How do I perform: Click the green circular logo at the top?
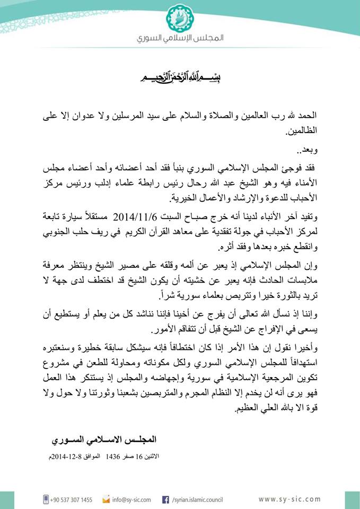180,18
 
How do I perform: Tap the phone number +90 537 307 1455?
72,499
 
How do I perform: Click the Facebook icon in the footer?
165,499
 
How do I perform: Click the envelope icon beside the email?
106,499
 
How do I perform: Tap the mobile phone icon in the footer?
46,499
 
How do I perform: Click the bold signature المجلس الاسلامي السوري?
105,440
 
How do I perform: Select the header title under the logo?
180,39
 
